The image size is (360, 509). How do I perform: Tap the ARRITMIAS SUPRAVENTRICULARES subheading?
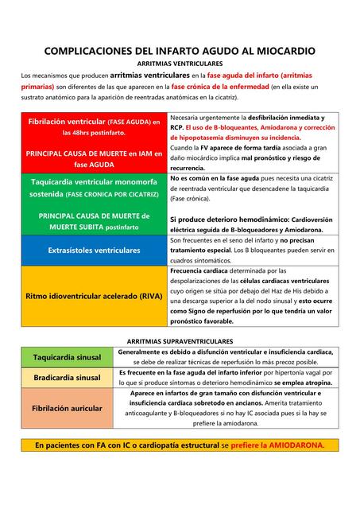pos(180,340)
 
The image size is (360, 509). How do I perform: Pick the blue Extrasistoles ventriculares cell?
pos(95,250)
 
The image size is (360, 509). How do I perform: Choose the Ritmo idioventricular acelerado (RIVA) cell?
pos(95,296)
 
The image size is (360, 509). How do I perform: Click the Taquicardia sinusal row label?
pos(67,357)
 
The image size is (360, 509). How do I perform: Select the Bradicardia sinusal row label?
pos(67,377)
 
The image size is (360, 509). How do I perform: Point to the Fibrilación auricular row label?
pos(67,408)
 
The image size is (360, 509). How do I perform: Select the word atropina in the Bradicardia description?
pos(315,383)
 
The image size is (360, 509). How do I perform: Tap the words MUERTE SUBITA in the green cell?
pos(77,227)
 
